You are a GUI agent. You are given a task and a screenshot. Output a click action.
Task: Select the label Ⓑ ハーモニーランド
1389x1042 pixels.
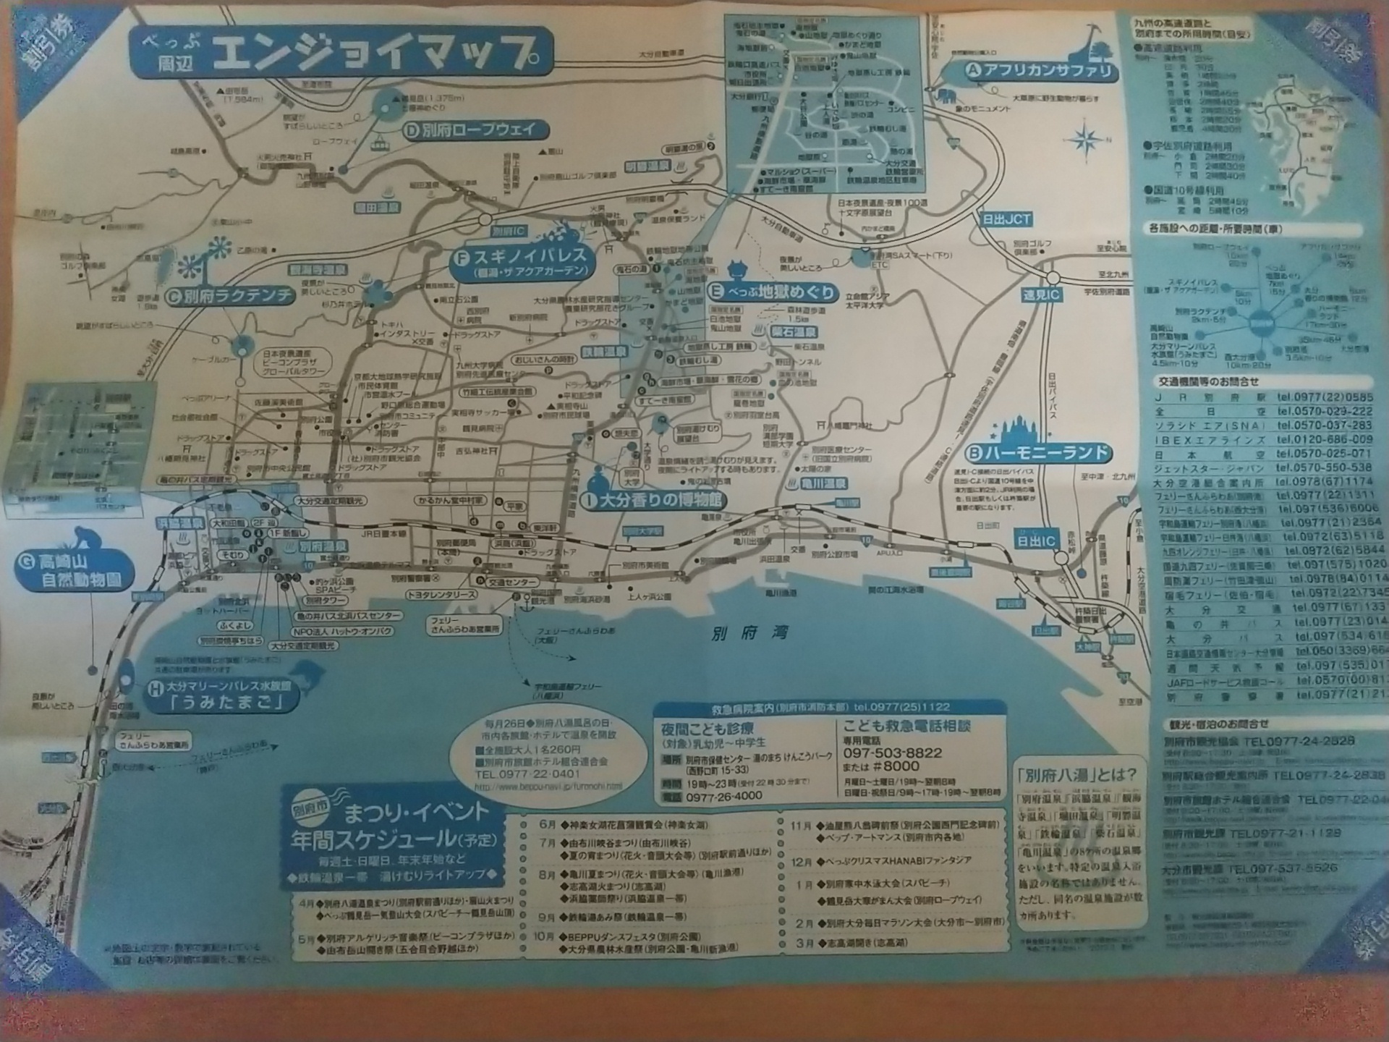coord(1040,454)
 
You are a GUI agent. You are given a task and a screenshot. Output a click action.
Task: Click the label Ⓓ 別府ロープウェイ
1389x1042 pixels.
coord(467,131)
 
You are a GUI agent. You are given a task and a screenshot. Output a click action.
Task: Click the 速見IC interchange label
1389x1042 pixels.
coord(1041,295)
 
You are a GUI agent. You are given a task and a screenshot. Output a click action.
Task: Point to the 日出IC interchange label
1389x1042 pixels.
coord(1036,541)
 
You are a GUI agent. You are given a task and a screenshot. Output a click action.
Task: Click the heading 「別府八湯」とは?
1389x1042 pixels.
coord(1076,774)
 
